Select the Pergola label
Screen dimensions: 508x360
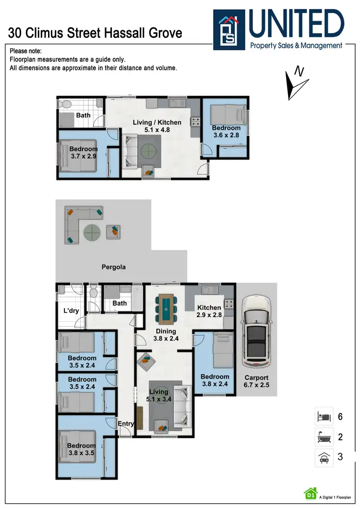coord(113,267)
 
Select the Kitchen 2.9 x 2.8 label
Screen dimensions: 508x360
coord(209,311)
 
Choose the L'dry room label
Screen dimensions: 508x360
coord(71,311)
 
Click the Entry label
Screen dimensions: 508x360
coord(126,423)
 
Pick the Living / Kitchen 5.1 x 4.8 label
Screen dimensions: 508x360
coord(157,126)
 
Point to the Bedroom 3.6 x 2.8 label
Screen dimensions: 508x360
coord(226,131)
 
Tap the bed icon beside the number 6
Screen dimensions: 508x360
coord(324,416)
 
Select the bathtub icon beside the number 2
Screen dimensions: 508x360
coord(324,437)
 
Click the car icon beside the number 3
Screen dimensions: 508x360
coord(324,457)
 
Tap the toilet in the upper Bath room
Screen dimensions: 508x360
coord(66,104)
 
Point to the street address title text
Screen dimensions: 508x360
coord(96,33)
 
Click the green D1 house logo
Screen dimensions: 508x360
coord(310,493)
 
